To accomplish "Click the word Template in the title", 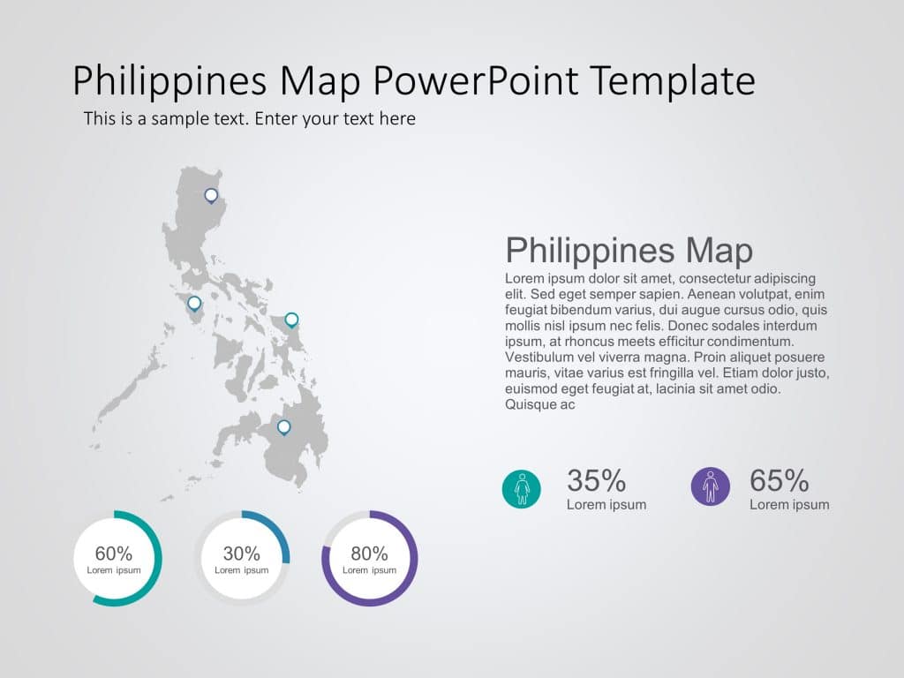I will click(674, 81).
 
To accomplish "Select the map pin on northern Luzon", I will click(211, 195).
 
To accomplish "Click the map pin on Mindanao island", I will click(283, 427).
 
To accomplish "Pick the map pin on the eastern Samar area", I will click(291, 320).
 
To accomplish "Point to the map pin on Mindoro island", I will click(194, 304).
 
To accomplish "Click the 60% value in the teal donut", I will click(114, 554).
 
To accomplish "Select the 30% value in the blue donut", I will click(241, 554).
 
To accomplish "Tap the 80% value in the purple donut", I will click(369, 554).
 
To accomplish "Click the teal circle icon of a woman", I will click(522, 488).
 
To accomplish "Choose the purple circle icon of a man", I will click(711, 486).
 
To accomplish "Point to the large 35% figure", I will click(597, 481).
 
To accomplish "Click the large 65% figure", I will click(780, 481).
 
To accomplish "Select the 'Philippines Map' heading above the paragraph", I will click(629, 251).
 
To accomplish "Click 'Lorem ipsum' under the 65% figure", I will click(789, 505).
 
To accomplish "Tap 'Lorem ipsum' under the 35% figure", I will click(606, 505).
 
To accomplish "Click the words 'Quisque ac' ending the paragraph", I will click(539, 405).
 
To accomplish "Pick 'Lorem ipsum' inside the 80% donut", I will click(369, 570).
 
